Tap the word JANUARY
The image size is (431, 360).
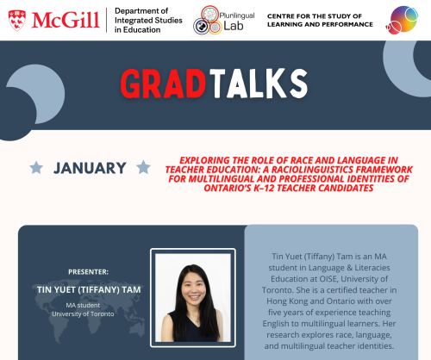click(x=90, y=168)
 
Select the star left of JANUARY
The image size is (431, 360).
click(x=36, y=168)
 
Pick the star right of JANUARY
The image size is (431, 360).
click(x=143, y=168)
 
